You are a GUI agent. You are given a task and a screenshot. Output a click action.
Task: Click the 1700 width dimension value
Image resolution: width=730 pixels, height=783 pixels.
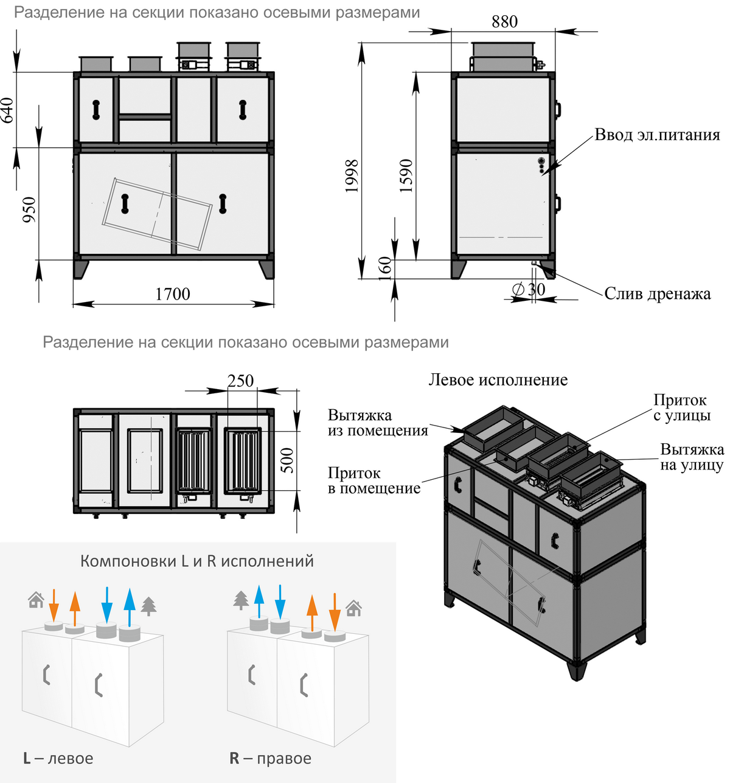coord(173,294)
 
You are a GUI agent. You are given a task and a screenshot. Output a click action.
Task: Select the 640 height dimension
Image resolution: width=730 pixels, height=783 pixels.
coord(7,110)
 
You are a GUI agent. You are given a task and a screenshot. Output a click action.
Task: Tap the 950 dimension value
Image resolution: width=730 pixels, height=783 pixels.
coord(29,209)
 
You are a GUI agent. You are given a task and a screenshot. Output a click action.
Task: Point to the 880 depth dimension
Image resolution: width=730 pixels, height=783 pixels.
coord(504,22)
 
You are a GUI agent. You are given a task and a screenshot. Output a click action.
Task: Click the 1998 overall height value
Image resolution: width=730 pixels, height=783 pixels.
coord(352,176)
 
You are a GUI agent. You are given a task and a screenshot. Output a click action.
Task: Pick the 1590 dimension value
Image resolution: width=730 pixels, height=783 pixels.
coord(406,176)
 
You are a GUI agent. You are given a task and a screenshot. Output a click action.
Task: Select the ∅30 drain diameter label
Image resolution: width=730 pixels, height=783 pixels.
coord(528,290)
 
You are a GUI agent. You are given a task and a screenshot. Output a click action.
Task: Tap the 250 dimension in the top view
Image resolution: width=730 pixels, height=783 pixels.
coord(240,381)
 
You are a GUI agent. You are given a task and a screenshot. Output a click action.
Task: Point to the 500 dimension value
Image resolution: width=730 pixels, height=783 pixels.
coord(287,460)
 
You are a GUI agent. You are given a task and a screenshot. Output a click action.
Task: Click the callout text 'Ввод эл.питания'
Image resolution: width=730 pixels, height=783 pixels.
coord(657,135)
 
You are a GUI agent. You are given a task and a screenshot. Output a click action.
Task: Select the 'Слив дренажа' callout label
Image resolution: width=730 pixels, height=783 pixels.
coord(657,294)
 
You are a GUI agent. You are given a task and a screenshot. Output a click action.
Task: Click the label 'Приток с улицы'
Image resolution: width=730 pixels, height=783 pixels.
coord(681,408)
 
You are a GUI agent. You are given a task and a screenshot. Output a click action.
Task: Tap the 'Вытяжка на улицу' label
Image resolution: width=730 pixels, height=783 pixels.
coord(692,457)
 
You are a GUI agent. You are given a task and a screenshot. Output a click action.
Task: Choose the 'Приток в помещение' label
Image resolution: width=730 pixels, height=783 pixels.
coord(374,480)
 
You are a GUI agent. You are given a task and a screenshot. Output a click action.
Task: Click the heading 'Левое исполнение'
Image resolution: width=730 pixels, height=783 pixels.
coord(498,380)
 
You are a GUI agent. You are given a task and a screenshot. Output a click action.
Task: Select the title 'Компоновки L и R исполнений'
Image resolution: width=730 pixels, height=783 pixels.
coord(197,561)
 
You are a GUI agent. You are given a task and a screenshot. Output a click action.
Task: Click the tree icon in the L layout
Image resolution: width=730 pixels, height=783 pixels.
coord(148,606)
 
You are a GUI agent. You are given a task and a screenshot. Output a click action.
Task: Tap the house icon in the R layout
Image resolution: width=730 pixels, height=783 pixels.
coord(353,608)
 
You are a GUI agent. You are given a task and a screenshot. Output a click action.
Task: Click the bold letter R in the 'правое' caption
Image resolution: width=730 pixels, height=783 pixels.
coord(234,759)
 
